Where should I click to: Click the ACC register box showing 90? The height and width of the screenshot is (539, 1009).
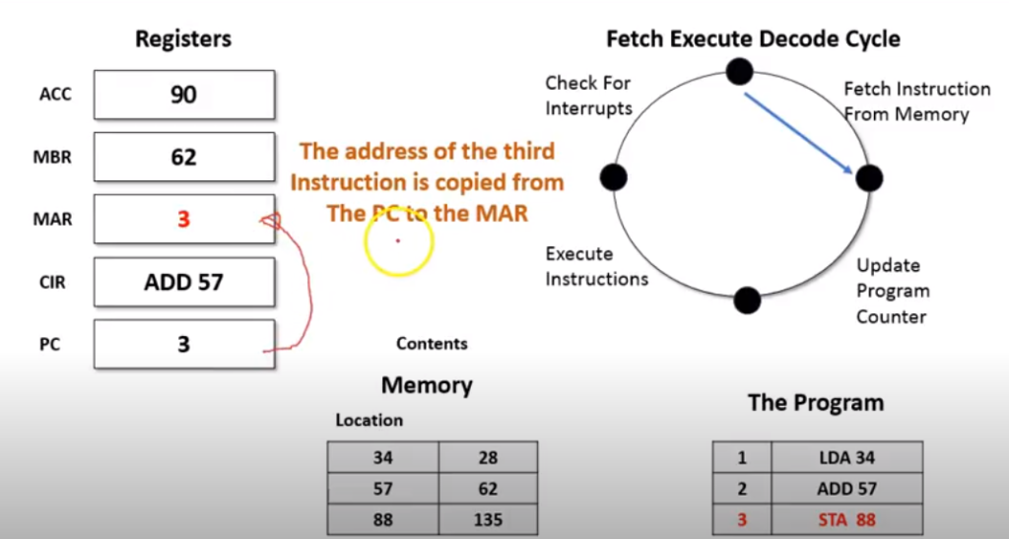click(x=184, y=95)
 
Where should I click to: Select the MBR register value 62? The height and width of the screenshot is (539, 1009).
click(x=184, y=157)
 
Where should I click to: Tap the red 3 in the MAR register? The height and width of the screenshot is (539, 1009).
click(x=183, y=219)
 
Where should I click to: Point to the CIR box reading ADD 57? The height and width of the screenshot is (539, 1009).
click(x=184, y=282)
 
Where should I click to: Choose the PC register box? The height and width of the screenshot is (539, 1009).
click(x=184, y=344)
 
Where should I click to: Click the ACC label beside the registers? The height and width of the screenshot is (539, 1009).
click(x=55, y=96)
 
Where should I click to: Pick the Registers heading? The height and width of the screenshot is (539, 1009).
click(x=183, y=39)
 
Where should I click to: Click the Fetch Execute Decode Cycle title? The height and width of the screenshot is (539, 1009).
click(x=753, y=39)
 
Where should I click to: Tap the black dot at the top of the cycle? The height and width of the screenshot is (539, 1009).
click(x=739, y=71)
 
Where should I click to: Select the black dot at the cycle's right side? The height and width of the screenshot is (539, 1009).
click(x=868, y=178)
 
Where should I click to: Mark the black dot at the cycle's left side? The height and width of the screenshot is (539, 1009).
click(x=613, y=177)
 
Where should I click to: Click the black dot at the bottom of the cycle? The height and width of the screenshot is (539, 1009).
click(x=747, y=300)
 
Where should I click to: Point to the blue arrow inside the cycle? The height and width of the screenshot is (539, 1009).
click(x=798, y=132)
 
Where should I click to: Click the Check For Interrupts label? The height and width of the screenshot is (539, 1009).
click(x=588, y=96)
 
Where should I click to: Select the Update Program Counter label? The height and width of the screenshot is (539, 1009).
click(x=892, y=291)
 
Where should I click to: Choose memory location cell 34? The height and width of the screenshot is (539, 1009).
click(x=382, y=457)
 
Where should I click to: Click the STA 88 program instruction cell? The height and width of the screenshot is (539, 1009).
click(x=846, y=519)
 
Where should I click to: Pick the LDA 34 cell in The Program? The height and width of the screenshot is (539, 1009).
click(x=846, y=457)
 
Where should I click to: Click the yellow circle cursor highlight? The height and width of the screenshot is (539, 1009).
click(x=399, y=240)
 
